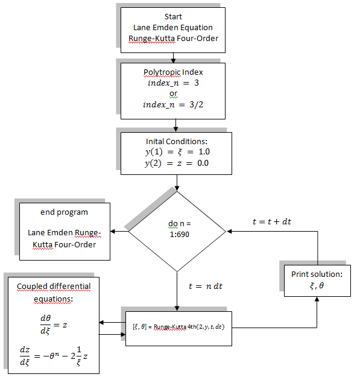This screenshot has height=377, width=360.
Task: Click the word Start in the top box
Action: coord(173,16)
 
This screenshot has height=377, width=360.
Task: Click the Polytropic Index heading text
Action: coord(173,72)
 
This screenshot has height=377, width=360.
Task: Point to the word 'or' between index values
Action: coord(173,93)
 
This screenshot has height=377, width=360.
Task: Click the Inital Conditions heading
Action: coord(177,141)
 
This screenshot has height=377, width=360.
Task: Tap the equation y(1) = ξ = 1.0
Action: coord(177,151)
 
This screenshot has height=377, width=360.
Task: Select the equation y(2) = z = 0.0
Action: coord(177,163)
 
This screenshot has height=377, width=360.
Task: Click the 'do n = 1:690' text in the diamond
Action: coord(177,229)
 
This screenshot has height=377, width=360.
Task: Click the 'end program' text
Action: coord(64,212)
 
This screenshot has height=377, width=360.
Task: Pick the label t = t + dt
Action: coord(271,221)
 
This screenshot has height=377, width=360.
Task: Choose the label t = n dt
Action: coord(205,286)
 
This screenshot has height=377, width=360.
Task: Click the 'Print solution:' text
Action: coord(317,274)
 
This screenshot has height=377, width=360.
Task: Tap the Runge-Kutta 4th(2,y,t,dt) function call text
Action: coord(178,327)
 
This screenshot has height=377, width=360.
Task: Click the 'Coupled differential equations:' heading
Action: coord(54,292)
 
